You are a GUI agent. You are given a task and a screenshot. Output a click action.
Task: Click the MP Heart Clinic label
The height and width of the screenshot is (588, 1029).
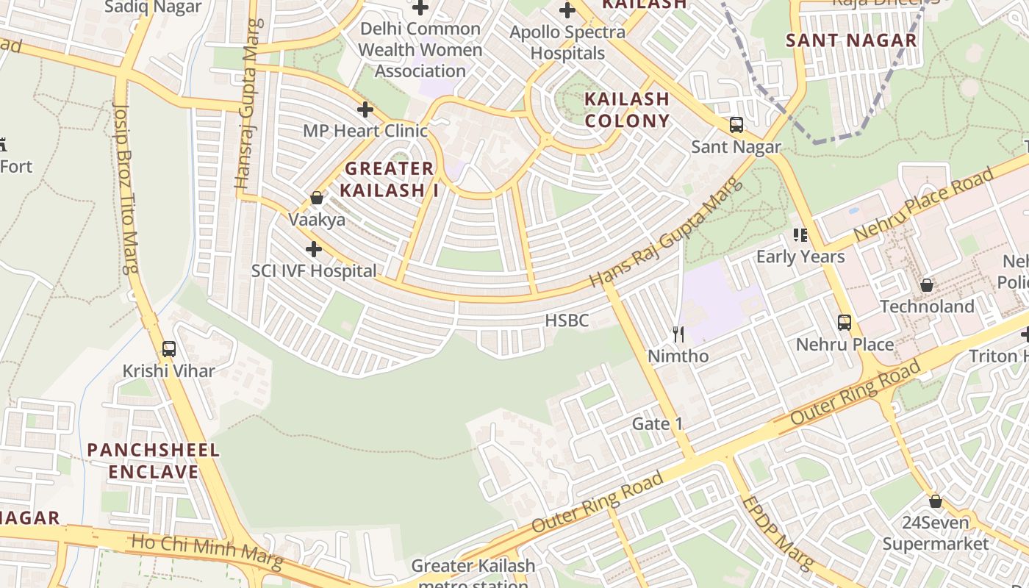[365, 131]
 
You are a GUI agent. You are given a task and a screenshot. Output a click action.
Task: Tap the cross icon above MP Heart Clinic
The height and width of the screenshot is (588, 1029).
[365, 110]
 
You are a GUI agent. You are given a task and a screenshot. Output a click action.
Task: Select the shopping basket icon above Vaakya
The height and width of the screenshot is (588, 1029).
[317, 198]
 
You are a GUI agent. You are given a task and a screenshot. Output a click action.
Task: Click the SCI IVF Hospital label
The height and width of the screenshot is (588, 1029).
[314, 270]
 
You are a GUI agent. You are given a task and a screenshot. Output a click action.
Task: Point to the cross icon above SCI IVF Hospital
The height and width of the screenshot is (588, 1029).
[314, 249]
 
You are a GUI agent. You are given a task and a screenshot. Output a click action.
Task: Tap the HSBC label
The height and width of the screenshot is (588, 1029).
[567, 320]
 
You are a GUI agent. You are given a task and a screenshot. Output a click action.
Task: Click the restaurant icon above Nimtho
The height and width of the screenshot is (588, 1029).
[678, 334]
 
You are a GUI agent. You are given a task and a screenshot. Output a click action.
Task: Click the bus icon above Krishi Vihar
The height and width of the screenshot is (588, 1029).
[169, 349]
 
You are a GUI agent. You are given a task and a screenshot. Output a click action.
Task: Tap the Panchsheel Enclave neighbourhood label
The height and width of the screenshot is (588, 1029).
[154, 461]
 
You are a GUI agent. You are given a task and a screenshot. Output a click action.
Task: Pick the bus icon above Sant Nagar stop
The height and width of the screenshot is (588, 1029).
[736, 125]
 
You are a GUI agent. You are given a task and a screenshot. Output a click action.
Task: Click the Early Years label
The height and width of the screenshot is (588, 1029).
[800, 257]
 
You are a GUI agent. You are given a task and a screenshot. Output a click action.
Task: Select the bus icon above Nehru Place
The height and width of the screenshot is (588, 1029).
[845, 322]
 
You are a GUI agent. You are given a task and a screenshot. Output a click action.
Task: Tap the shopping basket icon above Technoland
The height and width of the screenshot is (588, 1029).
[927, 284]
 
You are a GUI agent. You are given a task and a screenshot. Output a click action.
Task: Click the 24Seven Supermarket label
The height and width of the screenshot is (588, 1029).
[936, 534]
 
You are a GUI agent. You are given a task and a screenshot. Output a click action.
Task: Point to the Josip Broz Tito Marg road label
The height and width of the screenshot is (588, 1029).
[126, 187]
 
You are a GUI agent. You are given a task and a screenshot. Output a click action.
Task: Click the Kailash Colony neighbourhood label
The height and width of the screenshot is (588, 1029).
[627, 110]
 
